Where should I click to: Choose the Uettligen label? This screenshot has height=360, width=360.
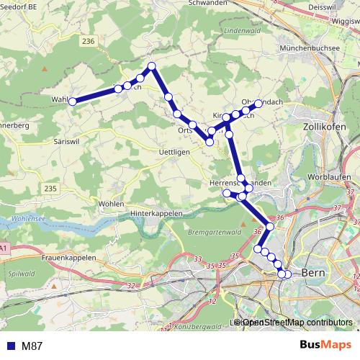(173, 152)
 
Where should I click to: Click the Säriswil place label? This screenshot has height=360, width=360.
(70, 143)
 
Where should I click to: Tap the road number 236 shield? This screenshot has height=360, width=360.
(89, 42)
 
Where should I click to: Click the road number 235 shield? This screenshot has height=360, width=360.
(50, 189)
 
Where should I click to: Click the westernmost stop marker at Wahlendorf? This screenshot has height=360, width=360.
(72, 102)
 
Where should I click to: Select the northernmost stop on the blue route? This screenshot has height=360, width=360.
(152, 66)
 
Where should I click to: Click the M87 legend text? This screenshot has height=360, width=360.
(32, 346)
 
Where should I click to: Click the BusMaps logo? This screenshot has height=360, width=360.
(321, 345)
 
